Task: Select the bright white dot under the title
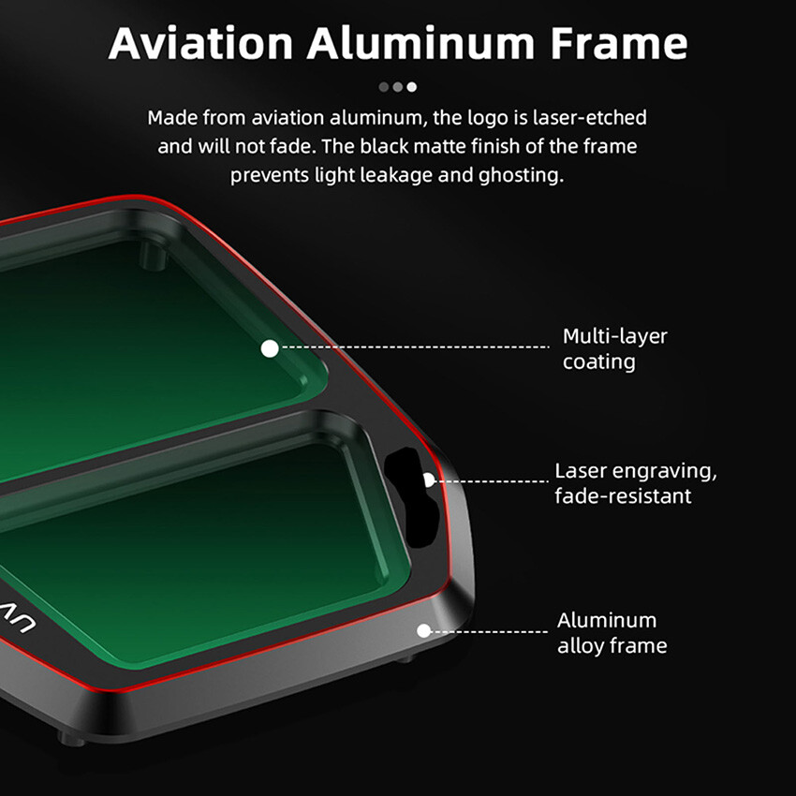(x=412, y=87)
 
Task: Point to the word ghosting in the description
(x=523, y=175)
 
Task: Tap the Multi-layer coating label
(x=614, y=348)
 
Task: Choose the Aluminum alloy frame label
(x=612, y=632)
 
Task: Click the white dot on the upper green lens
(x=270, y=348)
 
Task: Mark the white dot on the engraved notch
(x=428, y=479)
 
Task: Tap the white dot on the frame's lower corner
(x=423, y=630)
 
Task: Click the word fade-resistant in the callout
(x=623, y=496)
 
